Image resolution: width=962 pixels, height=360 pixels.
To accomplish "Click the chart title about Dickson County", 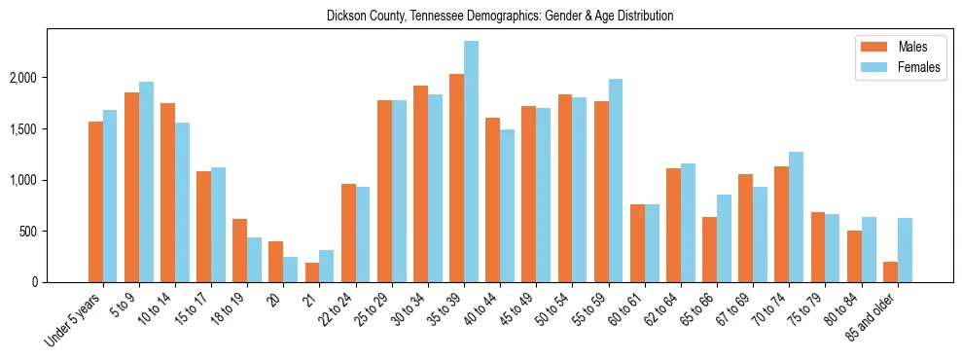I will click(500, 17).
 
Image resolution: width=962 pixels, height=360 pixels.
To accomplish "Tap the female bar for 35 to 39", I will click(471, 162).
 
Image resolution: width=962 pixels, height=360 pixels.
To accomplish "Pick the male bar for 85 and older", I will click(890, 271).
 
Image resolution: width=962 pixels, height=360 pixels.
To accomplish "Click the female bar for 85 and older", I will click(905, 250).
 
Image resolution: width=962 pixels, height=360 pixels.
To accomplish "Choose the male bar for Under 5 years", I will click(95, 201).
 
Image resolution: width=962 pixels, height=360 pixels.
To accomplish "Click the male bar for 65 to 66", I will click(709, 249).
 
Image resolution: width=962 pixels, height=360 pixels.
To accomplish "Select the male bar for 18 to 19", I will click(239, 250).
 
